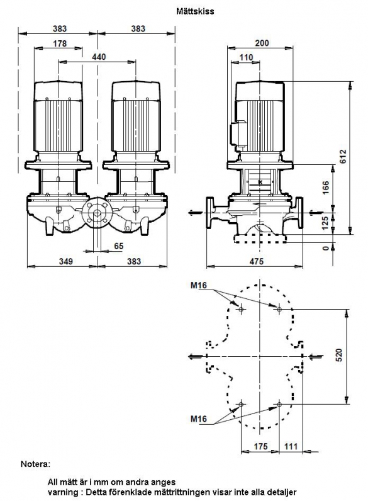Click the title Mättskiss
pyautogui.click(x=195, y=11)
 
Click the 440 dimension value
pyautogui.click(x=99, y=57)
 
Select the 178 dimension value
pyautogui.click(x=60, y=43)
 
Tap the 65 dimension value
pyautogui.click(x=118, y=246)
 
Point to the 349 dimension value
pyautogui.click(x=66, y=261)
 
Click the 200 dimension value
pyautogui.click(x=262, y=43)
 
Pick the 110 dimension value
pyautogui.click(x=246, y=57)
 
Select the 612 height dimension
pyautogui.click(x=343, y=157)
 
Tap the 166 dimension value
pyautogui.click(x=325, y=188)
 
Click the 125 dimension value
pyautogui.click(x=325, y=223)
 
